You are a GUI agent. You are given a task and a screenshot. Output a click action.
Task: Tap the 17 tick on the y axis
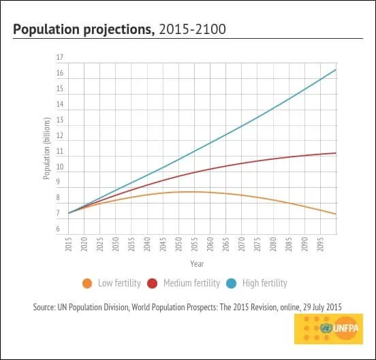tap(60, 57)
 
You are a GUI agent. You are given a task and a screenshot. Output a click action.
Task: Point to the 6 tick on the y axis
tap(58, 229)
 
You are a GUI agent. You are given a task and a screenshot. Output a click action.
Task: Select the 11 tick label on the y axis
tap(60, 151)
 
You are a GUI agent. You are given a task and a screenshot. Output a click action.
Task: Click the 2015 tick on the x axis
tap(69, 244)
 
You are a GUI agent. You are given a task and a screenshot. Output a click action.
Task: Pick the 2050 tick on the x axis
tap(178, 244)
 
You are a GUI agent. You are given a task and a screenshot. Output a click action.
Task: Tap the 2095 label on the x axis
tap(320, 244)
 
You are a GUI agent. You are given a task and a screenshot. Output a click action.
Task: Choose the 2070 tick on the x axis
tap(242, 244)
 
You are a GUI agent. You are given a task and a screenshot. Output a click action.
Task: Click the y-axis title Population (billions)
tap(47, 148)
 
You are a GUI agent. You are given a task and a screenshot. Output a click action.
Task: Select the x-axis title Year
tap(197, 264)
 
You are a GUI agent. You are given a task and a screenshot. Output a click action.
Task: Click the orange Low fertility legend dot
tap(87, 283)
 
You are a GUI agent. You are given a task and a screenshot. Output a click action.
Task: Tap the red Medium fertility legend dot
tap(153, 283)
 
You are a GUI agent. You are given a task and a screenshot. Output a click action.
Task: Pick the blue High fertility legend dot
tap(232, 283)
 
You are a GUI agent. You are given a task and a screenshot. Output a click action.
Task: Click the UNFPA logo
tap(329, 329)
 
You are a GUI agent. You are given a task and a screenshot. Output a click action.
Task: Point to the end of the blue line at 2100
tap(336, 69)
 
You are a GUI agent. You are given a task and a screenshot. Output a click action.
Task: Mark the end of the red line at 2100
tap(336, 153)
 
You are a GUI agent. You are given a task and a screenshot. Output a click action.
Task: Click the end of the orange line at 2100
tap(336, 214)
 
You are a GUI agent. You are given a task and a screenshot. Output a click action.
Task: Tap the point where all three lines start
tap(69, 213)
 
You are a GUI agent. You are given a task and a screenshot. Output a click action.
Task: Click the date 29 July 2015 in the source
tap(322, 307)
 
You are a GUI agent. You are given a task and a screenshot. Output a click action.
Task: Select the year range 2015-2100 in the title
tap(192, 29)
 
